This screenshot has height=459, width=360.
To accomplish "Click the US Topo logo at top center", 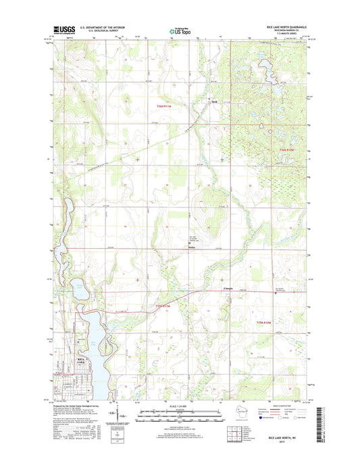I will coord(180,30).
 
